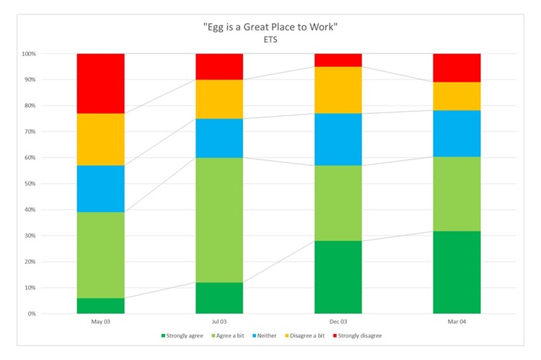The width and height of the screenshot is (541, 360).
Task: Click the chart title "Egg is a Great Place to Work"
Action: coord(270,27)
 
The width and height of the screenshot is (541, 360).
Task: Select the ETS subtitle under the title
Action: coord(270,40)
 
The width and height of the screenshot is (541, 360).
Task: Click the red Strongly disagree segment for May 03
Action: coord(100,83)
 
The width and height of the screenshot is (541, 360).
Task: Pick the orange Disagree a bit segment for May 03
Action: coord(100,139)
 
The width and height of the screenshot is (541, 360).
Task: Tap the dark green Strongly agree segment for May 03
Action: coord(100,306)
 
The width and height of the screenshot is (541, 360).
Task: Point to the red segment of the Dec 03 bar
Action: coord(338,60)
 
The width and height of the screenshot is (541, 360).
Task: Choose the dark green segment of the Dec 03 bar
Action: coord(338,277)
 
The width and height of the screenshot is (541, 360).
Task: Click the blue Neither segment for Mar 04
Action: coord(457,133)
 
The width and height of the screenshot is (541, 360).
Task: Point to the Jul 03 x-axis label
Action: coord(219,322)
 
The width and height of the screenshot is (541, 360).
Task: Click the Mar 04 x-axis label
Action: coord(457,322)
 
